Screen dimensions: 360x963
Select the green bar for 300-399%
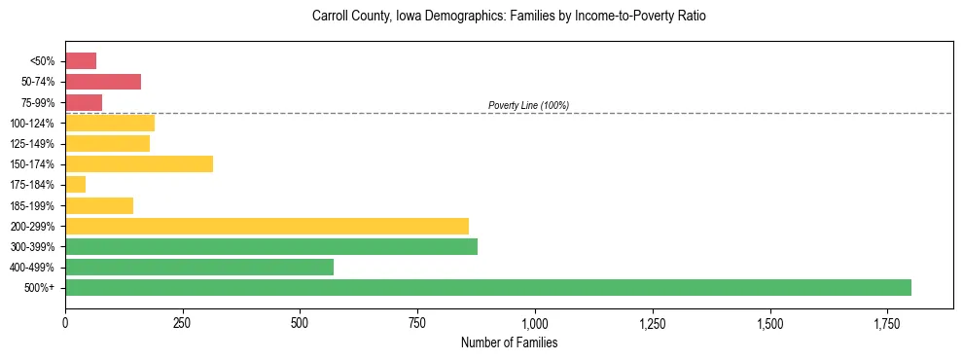coord(271,247)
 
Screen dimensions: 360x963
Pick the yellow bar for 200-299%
coord(267,227)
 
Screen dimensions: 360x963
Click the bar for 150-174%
coord(139,164)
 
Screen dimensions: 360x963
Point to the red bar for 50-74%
coord(103,82)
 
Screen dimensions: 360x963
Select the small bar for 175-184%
coord(76,185)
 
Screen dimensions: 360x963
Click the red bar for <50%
coord(81,61)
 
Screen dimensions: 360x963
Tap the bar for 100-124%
coord(110,124)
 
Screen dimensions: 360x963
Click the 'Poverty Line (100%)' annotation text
coord(528,105)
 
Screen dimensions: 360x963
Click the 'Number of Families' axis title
coord(509,343)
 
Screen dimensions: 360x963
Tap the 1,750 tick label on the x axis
coord(769,323)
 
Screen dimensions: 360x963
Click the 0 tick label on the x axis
coord(65,323)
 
